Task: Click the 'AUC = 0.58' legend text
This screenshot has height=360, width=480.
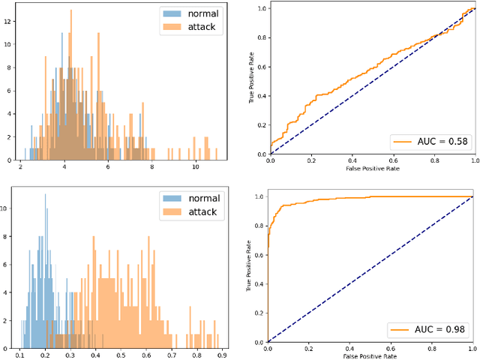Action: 436,140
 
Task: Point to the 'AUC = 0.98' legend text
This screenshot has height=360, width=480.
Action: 436,328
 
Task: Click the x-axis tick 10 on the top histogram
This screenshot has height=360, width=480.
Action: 196,168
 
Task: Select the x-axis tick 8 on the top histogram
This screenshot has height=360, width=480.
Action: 152,168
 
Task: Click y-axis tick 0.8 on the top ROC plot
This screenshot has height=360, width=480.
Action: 260,37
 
